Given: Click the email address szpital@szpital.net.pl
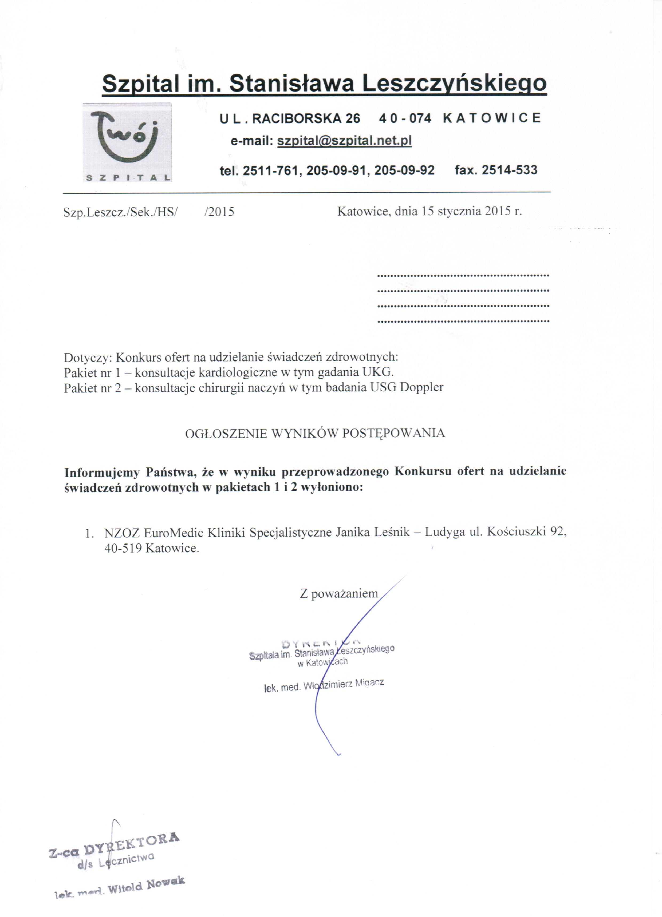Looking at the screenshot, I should (x=344, y=141).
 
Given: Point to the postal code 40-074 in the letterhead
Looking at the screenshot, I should (x=405, y=118).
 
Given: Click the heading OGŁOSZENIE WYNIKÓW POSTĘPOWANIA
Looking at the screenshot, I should (x=315, y=434).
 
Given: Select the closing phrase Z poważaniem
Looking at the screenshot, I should (x=339, y=593).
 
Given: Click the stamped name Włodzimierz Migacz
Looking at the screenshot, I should (x=343, y=684).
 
